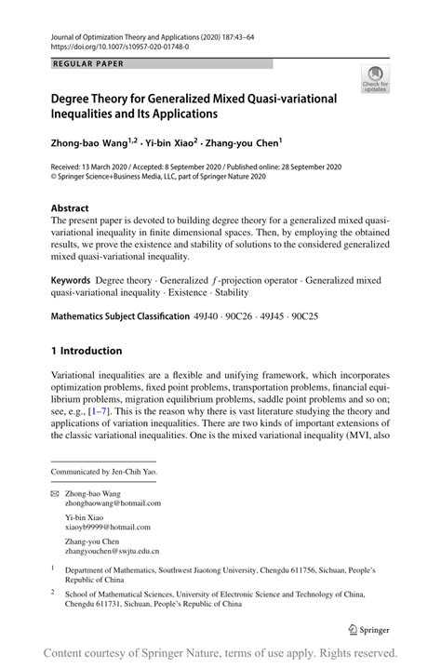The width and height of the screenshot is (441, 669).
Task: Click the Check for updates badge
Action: [x=376, y=82]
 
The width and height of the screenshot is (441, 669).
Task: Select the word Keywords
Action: [x=71, y=280]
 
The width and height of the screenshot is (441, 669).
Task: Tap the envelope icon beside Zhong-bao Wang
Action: [x=54, y=491]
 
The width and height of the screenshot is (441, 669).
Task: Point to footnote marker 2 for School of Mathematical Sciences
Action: [x=53, y=591]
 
